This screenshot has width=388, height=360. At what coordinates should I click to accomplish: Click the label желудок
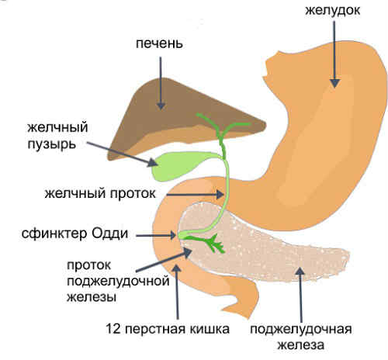tap(332, 11)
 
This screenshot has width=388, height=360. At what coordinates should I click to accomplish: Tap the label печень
tap(159, 43)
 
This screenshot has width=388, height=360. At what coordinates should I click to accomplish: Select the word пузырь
tap(52, 144)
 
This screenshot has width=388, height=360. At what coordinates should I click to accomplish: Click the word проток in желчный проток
tap(133, 194)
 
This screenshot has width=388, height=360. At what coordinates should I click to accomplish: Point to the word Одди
tap(110, 234)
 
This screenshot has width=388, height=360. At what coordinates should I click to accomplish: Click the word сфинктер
tap(54, 234)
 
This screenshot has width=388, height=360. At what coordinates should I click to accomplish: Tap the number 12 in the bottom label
tap(113, 329)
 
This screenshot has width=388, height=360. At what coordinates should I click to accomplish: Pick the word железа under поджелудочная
tap(301, 345)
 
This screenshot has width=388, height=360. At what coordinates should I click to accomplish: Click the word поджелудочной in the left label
tap(118, 281)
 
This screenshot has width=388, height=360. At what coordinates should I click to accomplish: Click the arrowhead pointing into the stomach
tap(334, 83)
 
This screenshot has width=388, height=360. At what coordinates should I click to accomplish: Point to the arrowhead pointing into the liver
tap(161, 105)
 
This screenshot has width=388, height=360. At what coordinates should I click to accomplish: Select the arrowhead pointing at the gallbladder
tap(153, 162)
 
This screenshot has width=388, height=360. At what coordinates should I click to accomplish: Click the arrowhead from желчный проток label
tap(220, 194)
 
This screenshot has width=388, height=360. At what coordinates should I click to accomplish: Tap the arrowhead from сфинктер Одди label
tap(173, 235)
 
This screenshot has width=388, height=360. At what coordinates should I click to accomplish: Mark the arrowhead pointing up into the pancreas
tap(300, 272)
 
